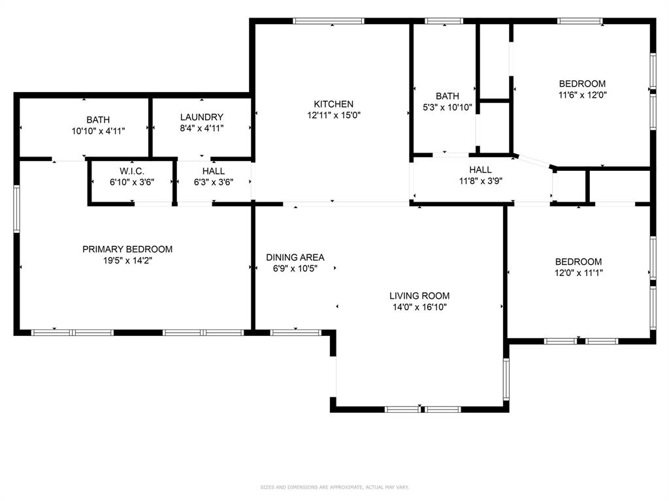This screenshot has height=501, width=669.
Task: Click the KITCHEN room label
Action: [333, 104]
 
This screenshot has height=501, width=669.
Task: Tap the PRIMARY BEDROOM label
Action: [127, 249]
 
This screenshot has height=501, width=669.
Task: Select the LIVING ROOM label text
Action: [419, 296]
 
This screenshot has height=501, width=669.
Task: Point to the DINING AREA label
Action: [295, 257]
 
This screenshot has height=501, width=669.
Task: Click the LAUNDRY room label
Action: [202, 117]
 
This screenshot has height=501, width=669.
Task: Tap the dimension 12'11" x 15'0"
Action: [333, 115]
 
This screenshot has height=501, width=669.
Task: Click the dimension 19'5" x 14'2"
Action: [127, 260]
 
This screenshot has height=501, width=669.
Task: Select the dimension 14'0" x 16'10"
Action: [419, 307]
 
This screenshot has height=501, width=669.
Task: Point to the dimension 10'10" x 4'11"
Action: [98, 130]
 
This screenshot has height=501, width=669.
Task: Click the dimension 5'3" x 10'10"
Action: [448, 107]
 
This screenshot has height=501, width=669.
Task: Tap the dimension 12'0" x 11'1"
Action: [578, 273]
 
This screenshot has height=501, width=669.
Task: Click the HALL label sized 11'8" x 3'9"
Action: [480, 170]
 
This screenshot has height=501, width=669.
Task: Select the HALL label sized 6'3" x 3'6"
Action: [214, 172]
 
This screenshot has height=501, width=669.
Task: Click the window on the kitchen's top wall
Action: [329, 21]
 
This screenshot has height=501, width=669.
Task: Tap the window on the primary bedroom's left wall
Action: [16, 209]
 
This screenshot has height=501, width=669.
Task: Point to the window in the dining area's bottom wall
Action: [296, 333]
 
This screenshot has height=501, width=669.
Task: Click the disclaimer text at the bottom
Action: [334, 487]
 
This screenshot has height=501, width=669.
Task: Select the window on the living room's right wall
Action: [506, 379]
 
